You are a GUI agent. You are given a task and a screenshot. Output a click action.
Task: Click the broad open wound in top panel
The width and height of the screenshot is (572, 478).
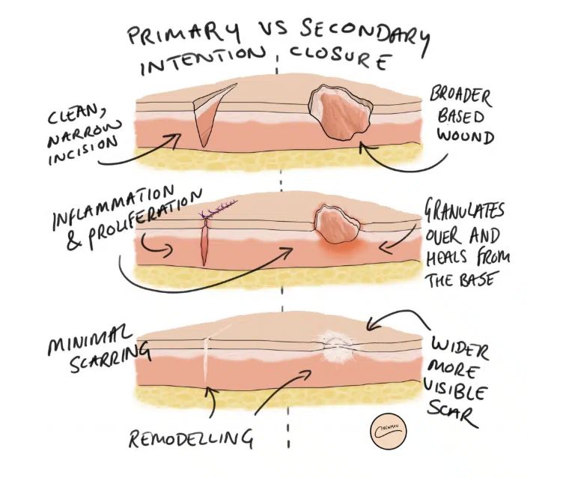pyautogui.click(x=338, y=112)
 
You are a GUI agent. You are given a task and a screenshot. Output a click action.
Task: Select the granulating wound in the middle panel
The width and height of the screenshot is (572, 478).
pyautogui.click(x=335, y=224)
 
